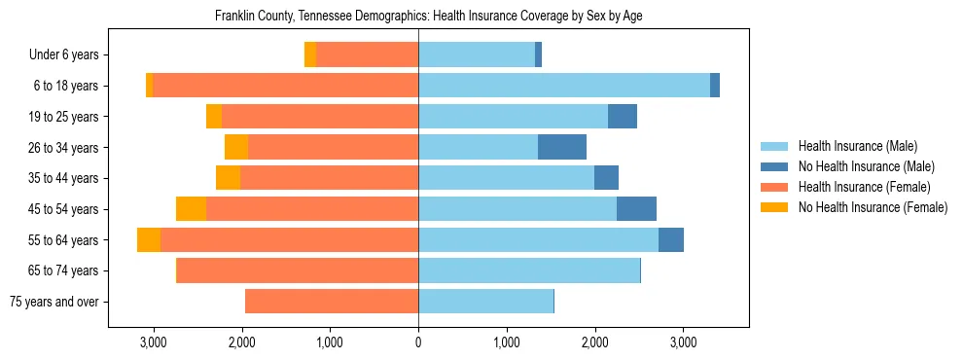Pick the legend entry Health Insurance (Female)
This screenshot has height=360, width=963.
864,187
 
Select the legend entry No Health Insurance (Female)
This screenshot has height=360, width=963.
873,207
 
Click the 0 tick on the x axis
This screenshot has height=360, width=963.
418,342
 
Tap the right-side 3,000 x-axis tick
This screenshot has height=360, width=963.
683,342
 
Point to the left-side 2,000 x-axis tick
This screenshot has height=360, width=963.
241,342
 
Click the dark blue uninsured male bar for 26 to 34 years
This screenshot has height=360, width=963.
562,147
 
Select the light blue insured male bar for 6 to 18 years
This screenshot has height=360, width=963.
564,86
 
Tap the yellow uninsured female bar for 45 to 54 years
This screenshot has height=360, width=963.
191,209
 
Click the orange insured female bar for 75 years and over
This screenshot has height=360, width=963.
332,302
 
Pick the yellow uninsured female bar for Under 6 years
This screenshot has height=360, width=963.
310,55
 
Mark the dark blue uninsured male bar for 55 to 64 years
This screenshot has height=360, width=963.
671,240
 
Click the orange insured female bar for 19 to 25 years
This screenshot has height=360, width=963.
320,117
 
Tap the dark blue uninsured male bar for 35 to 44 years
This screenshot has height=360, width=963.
606,178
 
